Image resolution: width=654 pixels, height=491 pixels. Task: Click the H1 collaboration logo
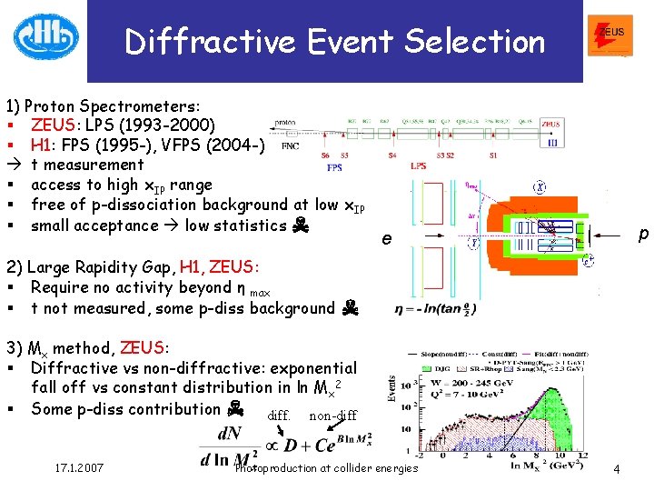[45, 37]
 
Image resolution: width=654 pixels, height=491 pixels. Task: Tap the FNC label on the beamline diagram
[291, 145]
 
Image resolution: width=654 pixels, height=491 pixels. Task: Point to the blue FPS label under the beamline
[334, 167]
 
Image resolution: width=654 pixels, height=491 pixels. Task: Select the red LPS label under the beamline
[418, 166]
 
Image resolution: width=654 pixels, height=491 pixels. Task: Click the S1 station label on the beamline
[493, 155]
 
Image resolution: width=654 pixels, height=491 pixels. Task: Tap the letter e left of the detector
[387, 238]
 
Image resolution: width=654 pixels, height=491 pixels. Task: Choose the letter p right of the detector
[643, 234]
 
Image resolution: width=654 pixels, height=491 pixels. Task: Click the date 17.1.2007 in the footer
[77, 467]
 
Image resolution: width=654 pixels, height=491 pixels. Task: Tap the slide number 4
[616, 468]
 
